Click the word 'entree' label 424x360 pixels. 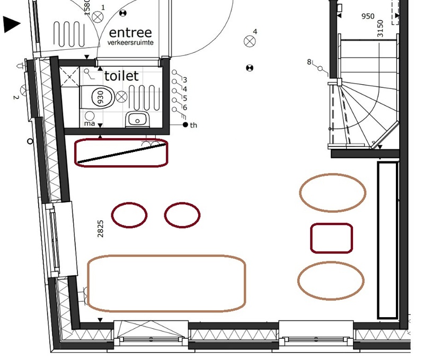[x=130, y=33]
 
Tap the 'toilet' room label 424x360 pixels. [x=121, y=76]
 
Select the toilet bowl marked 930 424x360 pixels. [x=100, y=97]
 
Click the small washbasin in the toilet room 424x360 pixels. [x=138, y=120]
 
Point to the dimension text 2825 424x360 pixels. [x=101, y=229]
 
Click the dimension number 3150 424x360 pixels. [x=380, y=29]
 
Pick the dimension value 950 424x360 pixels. [x=368, y=16]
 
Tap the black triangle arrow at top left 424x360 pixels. [x=12, y=24]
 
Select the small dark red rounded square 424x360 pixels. [x=331, y=238]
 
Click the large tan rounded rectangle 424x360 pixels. [x=166, y=283]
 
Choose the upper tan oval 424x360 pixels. [x=332, y=192]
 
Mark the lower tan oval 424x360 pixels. [x=331, y=280]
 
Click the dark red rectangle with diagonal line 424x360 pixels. [x=121, y=152]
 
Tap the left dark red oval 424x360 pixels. [x=129, y=215]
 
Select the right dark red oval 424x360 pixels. [x=182, y=215]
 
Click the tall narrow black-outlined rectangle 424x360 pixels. [x=387, y=240]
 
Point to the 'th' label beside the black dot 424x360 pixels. [x=193, y=125]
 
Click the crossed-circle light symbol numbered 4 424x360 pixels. [x=249, y=41]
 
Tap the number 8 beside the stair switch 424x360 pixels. [x=309, y=62]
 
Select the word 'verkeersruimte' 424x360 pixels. [x=130, y=42]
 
